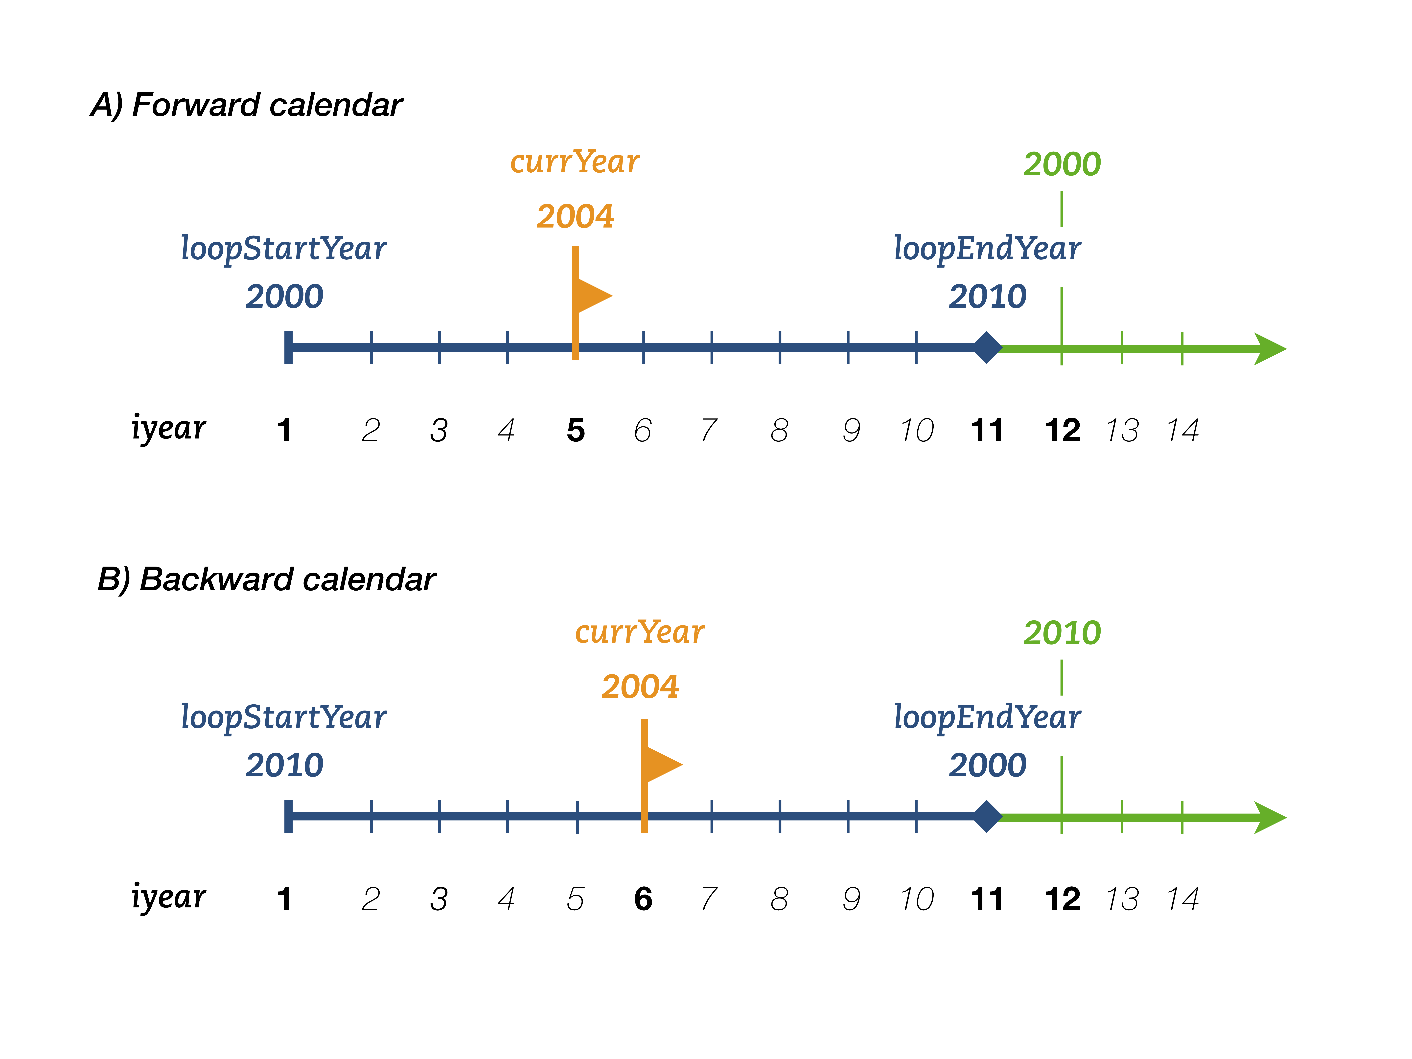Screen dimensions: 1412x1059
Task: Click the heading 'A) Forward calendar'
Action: click(x=246, y=105)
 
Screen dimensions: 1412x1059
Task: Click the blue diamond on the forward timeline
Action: click(x=987, y=348)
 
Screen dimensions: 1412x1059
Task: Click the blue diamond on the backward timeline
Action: click(x=987, y=816)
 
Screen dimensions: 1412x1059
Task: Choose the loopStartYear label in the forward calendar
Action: click(x=283, y=249)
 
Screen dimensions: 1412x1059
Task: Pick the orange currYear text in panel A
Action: click(x=575, y=162)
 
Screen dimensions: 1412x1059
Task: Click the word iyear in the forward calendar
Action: click(x=168, y=428)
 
